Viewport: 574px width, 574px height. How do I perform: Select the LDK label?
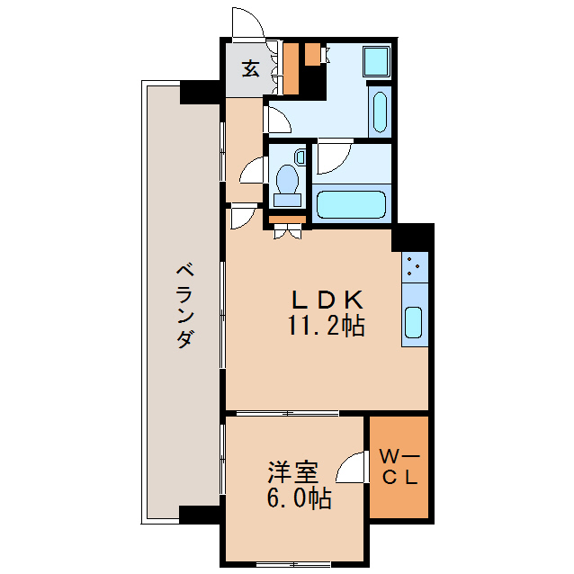point(326,299)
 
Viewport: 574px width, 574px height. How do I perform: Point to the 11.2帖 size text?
point(326,326)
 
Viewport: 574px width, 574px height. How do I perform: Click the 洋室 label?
point(293,472)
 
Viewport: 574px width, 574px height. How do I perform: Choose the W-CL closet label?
point(399,467)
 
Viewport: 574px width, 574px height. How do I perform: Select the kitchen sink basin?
point(414,323)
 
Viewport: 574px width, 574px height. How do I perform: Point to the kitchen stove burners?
point(414,265)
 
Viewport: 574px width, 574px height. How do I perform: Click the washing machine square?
point(377,61)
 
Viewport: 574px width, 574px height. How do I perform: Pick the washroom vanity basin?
point(381,112)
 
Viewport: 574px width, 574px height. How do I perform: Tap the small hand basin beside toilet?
point(300,158)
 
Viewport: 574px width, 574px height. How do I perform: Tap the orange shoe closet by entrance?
point(290,67)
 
